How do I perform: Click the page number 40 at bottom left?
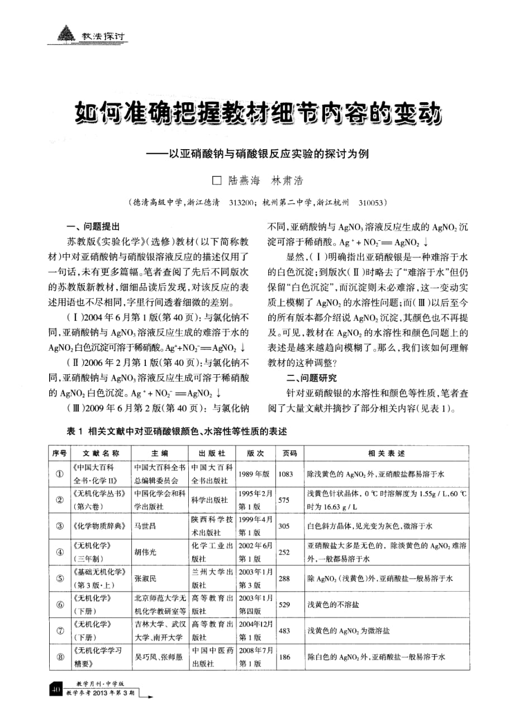coord(55,688)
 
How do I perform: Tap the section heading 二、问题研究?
coord(312,377)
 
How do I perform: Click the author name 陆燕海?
coord(242,181)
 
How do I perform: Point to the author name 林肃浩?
coord(286,181)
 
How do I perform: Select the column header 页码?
coord(289,453)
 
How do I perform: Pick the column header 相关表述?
coord(386,453)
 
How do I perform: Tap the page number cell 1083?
coord(285,474)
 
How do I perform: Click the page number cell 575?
coord(284,500)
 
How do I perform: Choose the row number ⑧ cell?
coord(59,658)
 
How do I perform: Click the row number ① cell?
coord(59,474)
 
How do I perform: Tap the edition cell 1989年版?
coord(255,474)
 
